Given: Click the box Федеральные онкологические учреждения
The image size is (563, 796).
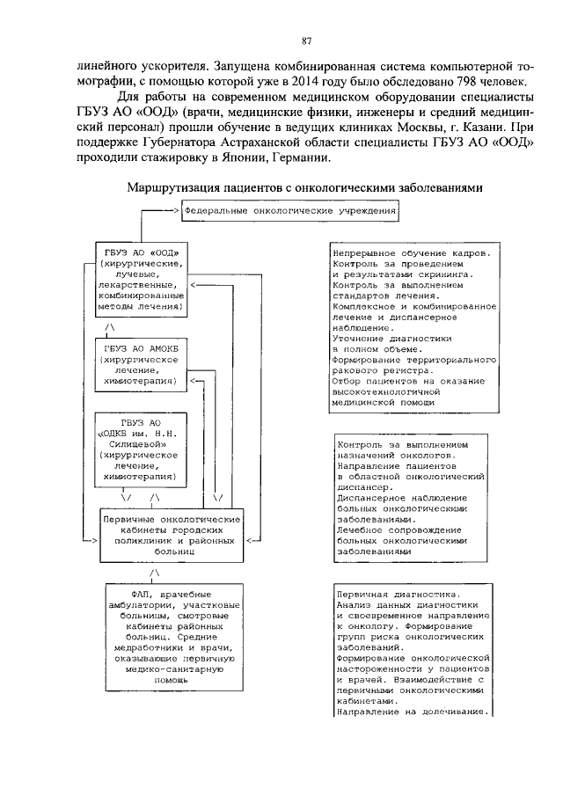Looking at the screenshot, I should click(x=289, y=213).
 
